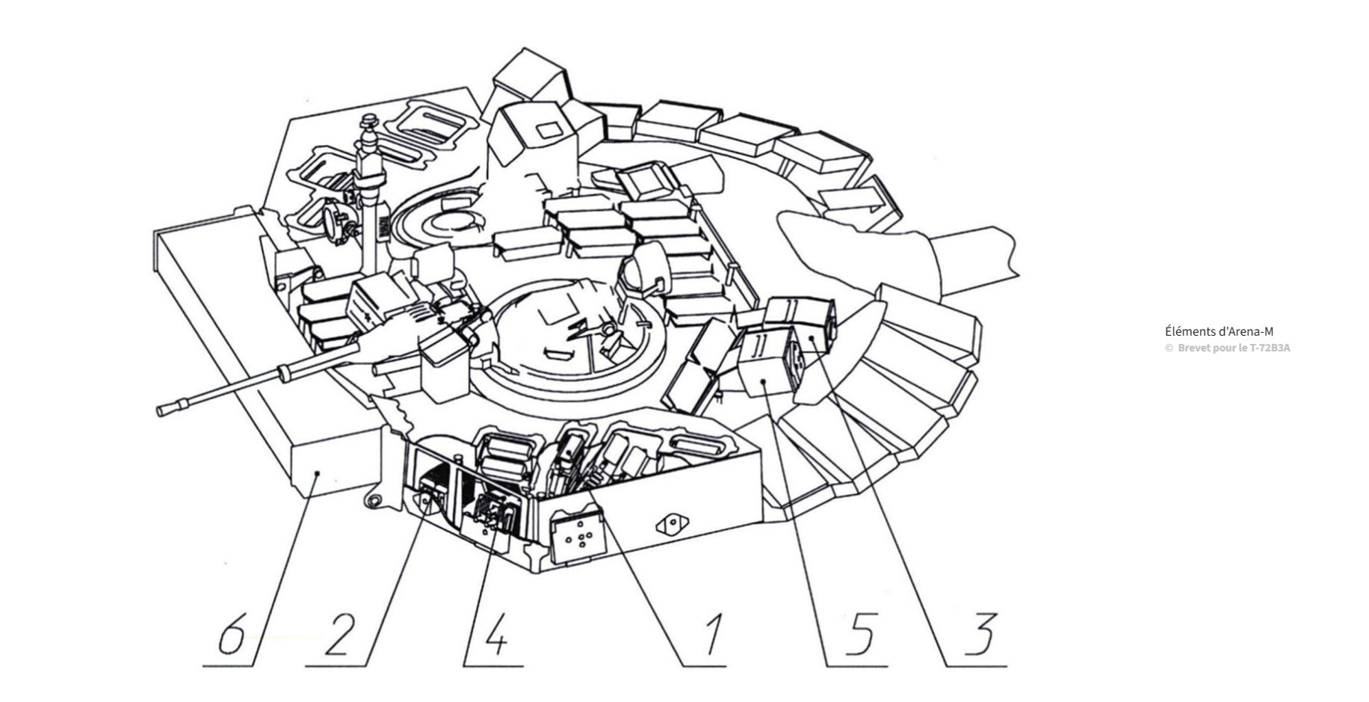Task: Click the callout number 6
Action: (x=232, y=636)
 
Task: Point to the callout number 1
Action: (x=710, y=636)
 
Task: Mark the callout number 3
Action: (x=980, y=636)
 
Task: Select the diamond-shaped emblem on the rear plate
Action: (x=671, y=525)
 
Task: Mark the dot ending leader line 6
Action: (x=318, y=472)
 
